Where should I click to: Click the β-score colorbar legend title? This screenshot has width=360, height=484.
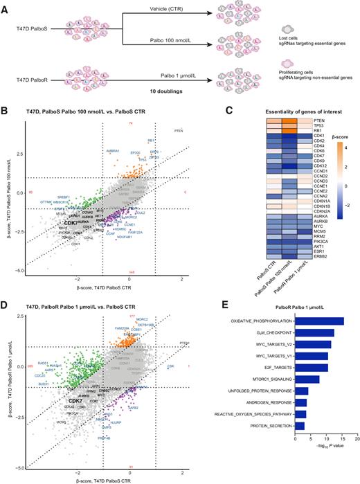(x=339, y=147)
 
